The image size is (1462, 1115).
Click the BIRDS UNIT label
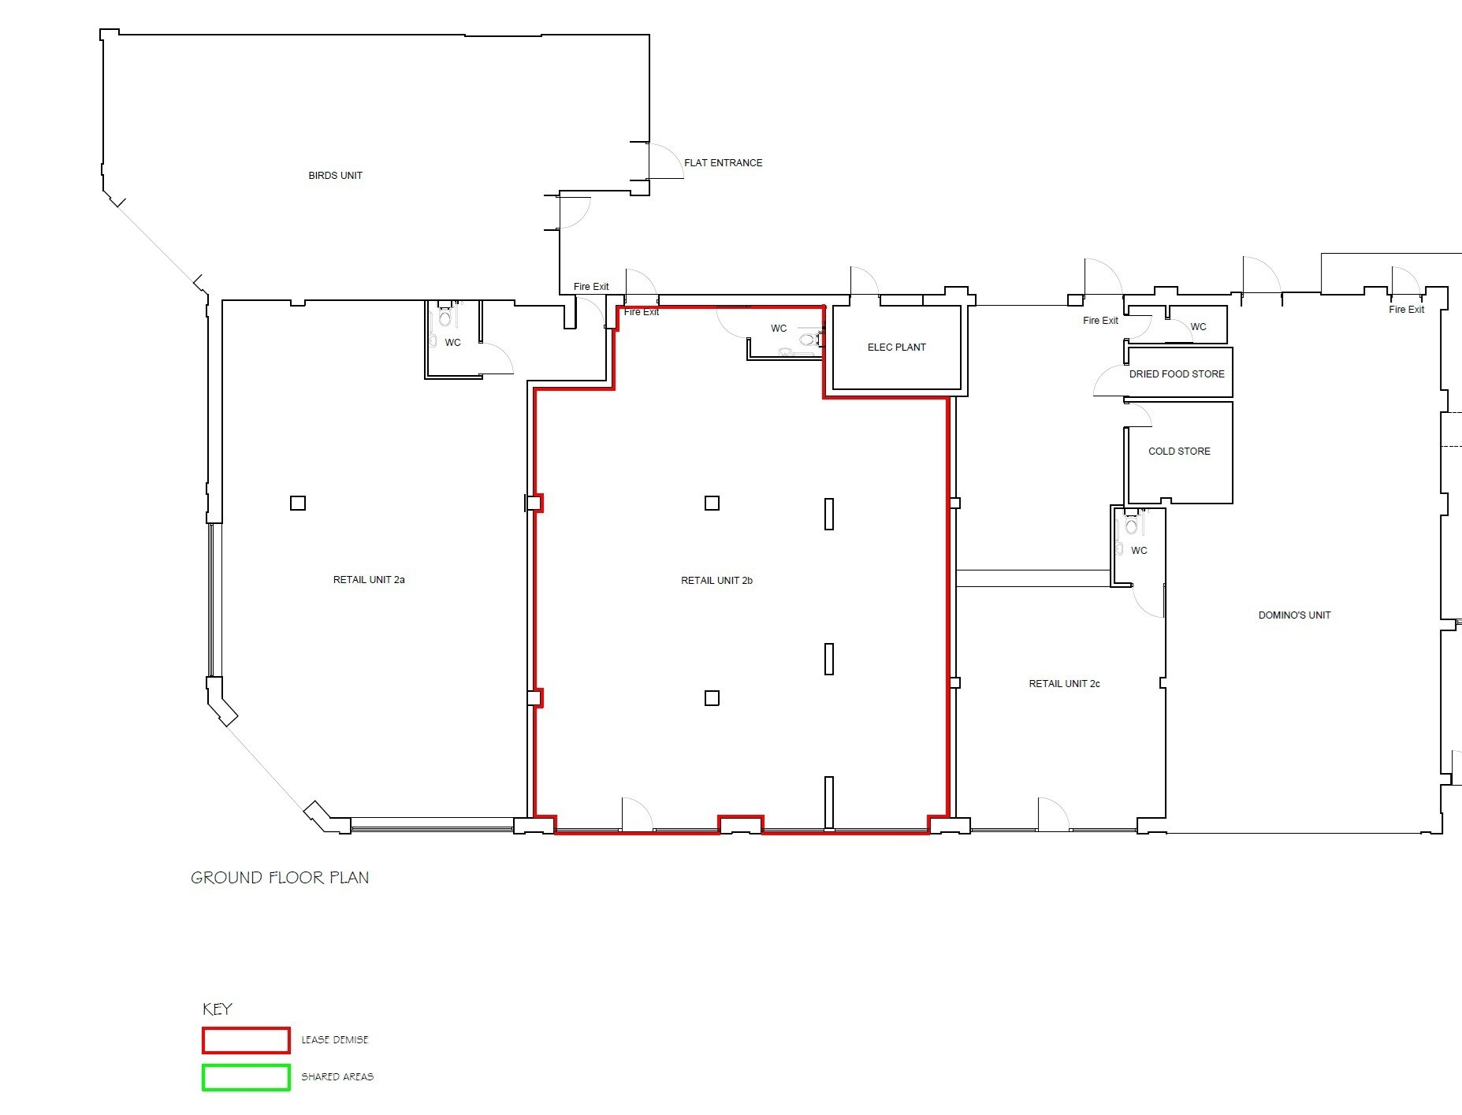click(335, 176)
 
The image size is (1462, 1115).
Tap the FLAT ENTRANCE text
click(723, 163)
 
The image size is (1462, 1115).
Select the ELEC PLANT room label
click(896, 348)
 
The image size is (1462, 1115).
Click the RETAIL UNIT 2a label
click(369, 580)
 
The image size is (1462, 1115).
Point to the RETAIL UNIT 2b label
click(716, 581)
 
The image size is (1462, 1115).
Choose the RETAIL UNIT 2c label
click(1064, 684)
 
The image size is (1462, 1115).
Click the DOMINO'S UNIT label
click(1294, 615)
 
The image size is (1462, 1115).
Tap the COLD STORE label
click(1179, 452)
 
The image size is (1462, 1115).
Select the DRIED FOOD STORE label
click(1177, 374)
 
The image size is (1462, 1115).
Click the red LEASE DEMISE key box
click(246, 1040)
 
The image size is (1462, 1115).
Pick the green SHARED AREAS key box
click(246, 1077)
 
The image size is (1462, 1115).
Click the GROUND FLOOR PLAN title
click(280, 878)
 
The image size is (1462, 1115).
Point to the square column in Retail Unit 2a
click(298, 503)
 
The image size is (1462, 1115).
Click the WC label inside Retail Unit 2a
click(452, 343)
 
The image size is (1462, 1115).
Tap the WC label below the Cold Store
click(1139, 551)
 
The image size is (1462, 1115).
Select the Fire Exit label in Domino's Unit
click(1406, 310)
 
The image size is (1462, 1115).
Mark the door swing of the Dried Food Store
click(1107, 381)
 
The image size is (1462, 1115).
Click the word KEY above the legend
click(218, 1009)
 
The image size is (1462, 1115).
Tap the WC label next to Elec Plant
click(779, 329)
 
